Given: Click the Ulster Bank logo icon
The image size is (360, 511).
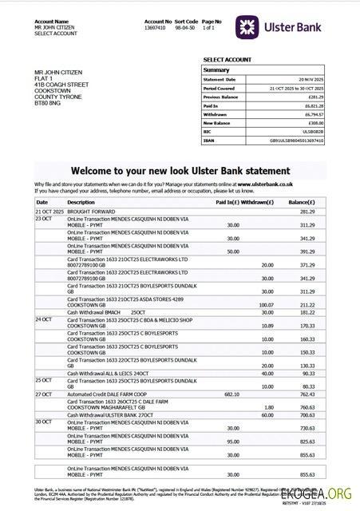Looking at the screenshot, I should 247,27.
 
